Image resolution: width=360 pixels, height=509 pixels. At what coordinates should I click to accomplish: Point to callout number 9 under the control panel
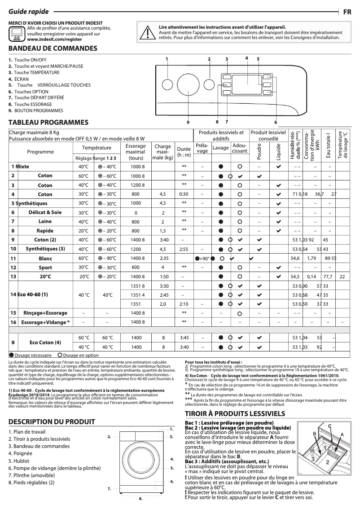[x=189, y=122]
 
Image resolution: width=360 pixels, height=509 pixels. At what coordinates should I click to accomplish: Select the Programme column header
[x=40, y=152]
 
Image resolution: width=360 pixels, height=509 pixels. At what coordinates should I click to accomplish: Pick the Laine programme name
[x=45, y=222]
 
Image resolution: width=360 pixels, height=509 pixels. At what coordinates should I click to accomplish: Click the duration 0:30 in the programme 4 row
[x=184, y=194]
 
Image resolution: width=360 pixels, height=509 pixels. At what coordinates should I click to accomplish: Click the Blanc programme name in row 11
[x=45, y=259]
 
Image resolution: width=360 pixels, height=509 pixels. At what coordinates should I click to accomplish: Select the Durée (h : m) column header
[x=184, y=152]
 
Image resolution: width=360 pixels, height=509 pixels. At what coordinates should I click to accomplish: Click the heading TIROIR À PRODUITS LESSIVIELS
[x=235, y=413]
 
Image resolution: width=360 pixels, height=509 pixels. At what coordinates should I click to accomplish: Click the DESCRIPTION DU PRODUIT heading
[x=52, y=421]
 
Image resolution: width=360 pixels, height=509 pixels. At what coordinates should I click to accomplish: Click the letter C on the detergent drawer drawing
[x=329, y=426]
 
